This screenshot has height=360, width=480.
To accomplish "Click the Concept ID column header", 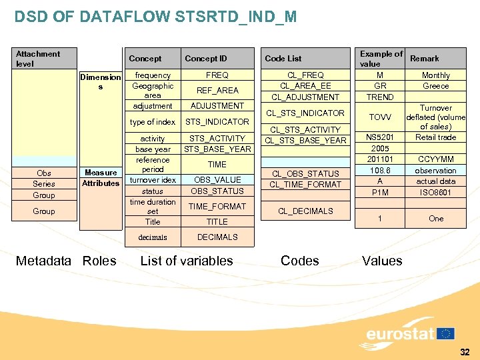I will [x=206, y=59].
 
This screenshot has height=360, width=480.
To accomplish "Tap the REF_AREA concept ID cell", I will [x=217, y=91].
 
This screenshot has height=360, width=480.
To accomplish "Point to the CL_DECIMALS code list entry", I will [x=305, y=211].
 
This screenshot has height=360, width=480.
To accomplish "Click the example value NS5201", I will [x=380, y=137].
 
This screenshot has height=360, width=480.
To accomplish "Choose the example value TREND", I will [x=380, y=97].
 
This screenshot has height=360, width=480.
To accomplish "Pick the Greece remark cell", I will [x=436, y=86].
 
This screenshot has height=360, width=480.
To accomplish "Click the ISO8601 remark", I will [x=436, y=193].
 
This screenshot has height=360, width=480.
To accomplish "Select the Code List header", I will [x=283, y=59].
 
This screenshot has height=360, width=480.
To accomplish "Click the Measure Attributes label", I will [x=101, y=178].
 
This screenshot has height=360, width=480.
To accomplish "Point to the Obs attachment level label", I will [x=44, y=173].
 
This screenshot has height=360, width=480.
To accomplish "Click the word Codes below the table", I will [x=300, y=261].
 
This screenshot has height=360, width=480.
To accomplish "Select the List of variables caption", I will [x=187, y=261].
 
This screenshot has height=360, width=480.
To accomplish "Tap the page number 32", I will [x=464, y=352].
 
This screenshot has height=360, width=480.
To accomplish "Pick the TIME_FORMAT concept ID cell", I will [x=217, y=207].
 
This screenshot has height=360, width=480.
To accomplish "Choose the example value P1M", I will [x=380, y=193].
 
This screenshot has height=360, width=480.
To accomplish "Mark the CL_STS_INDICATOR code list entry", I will [x=305, y=113].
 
